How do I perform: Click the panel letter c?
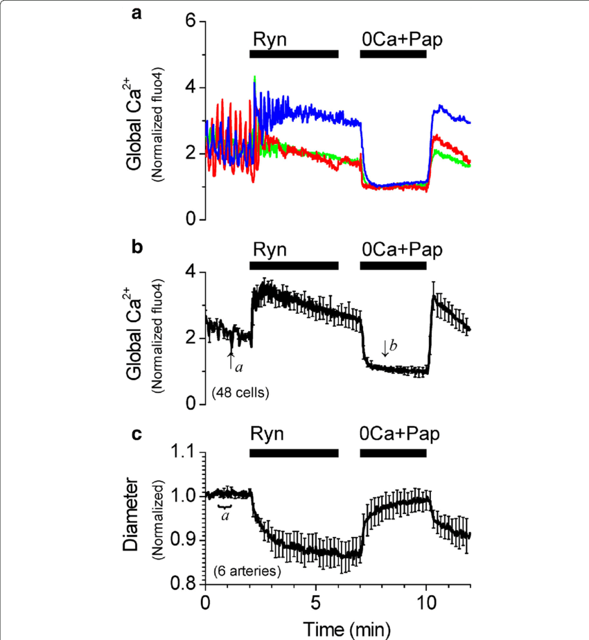point(137,434)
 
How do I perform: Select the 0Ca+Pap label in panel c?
point(401,434)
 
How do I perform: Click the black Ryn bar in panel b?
point(294,265)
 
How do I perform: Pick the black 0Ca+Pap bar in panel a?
point(393,54)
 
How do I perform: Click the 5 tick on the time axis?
point(316,600)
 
